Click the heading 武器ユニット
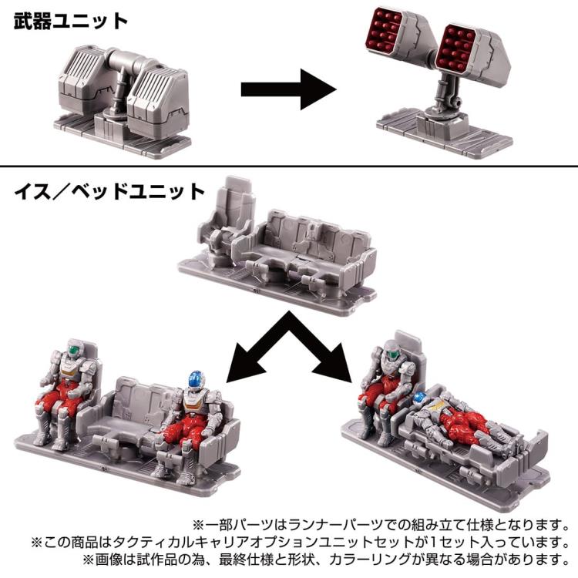(x=71, y=21)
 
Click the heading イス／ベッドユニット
(x=109, y=192)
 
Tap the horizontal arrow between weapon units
(x=289, y=89)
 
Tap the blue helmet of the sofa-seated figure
(x=196, y=381)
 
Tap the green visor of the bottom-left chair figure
(x=76, y=348)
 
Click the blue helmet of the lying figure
(x=419, y=398)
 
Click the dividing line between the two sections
(x=289, y=166)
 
